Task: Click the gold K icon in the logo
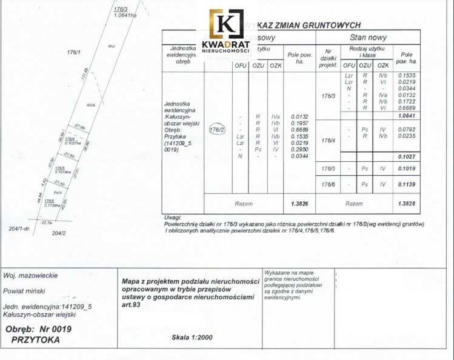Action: [x=225, y=24]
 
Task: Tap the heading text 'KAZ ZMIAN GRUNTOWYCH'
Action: [x=309, y=25]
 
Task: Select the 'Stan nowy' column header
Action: [x=368, y=37]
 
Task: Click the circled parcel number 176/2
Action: [x=216, y=130]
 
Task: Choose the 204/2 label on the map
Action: [x=58, y=233]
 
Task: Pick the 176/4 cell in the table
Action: [x=328, y=141]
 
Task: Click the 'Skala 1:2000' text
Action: [x=192, y=337]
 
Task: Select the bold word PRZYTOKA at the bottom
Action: [x=36, y=340]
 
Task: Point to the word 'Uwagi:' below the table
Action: [x=173, y=217]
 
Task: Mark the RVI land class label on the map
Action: [x=112, y=45]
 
